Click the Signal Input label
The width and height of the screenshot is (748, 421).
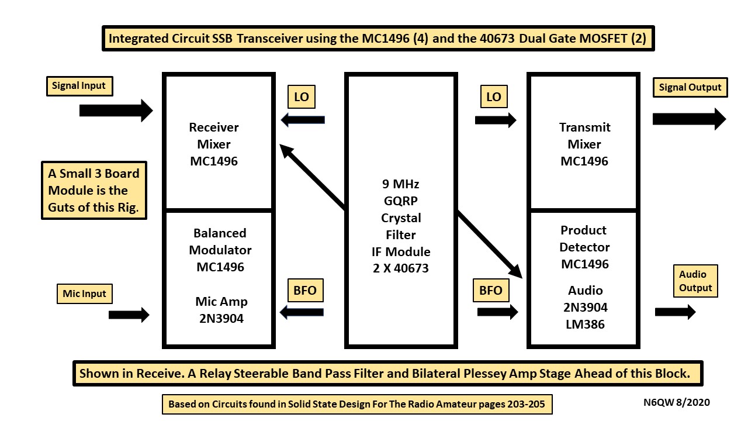click(x=79, y=86)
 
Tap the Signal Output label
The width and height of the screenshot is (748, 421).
click(x=690, y=88)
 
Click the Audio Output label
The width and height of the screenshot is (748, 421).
click(x=695, y=281)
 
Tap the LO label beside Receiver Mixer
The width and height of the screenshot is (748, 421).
click(x=302, y=97)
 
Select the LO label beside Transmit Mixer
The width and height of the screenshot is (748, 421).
click(x=494, y=97)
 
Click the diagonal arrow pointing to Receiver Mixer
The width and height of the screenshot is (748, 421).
click(x=313, y=177)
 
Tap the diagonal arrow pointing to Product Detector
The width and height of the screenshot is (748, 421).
click(x=489, y=244)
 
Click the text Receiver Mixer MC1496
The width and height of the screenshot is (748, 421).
click(x=214, y=144)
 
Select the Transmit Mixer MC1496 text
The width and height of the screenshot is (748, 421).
click(x=584, y=144)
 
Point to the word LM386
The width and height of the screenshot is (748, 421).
click(x=584, y=324)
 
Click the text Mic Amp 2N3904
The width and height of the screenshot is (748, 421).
click(x=221, y=310)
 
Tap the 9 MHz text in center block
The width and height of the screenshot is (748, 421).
click(x=400, y=184)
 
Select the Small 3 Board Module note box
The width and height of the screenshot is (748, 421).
click(x=94, y=191)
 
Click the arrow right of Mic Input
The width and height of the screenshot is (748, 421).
click(x=129, y=315)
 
